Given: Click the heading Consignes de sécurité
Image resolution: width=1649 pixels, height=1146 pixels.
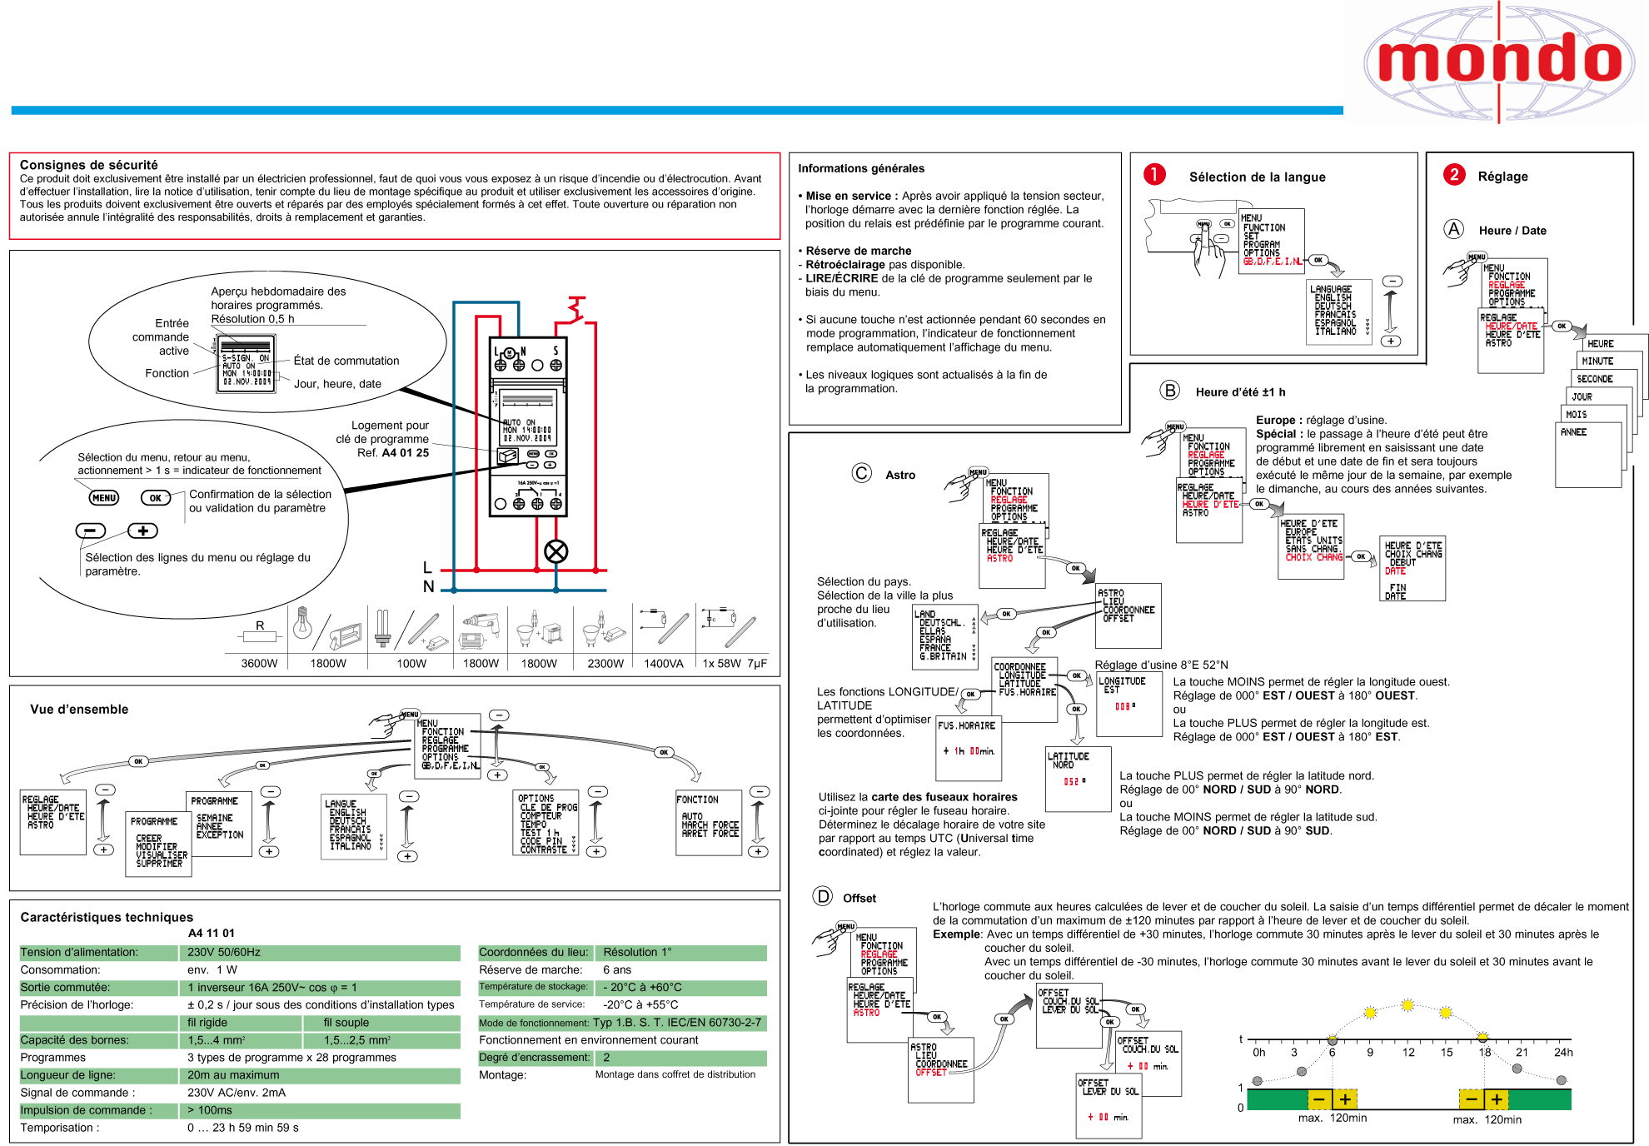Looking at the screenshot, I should pyautogui.click(x=88, y=165).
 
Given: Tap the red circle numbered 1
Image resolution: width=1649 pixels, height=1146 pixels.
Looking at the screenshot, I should pyautogui.click(x=1154, y=174).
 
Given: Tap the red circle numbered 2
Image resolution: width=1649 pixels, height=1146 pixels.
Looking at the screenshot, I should pyautogui.click(x=1454, y=174).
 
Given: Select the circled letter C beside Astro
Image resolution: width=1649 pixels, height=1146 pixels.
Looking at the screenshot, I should pyautogui.click(x=861, y=473).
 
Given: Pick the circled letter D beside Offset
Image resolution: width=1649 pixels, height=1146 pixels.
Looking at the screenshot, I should pyautogui.click(x=823, y=896).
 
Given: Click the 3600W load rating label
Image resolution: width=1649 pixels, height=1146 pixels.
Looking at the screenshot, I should pyautogui.click(x=259, y=664).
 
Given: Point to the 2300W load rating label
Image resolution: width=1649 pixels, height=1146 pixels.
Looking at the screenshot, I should pyautogui.click(x=605, y=664).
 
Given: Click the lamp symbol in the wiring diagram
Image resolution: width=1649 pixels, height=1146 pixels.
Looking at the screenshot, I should pyautogui.click(x=555, y=551).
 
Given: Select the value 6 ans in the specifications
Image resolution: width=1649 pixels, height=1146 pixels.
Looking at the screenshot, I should pyautogui.click(x=617, y=969).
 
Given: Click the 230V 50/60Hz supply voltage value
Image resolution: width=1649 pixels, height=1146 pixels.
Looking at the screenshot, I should pyautogui.click(x=224, y=952).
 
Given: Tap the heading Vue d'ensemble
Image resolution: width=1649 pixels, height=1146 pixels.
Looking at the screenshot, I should pyautogui.click(x=79, y=710).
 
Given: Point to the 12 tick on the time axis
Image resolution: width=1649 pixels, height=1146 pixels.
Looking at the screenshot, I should pyautogui.click(x=1408, y=1052).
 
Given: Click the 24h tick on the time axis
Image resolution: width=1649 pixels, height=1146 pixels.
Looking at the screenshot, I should pyautogui.click(x=1563, y=1052).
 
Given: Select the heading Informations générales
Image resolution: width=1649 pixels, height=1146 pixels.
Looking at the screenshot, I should pyautogui.click(x=861, y=168).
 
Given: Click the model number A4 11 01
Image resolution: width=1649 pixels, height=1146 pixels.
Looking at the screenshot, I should pyautogui.click(x=212, y=933).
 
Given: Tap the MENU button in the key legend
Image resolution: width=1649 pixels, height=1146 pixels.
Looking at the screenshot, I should pyautogui.click(x=104, y=498).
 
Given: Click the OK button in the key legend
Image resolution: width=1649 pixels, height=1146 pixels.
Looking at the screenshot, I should pyautogui.click(x=156, y=498).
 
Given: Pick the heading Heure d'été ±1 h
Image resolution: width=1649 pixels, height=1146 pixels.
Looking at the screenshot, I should pyautogui.click(x=1240, y=392).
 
